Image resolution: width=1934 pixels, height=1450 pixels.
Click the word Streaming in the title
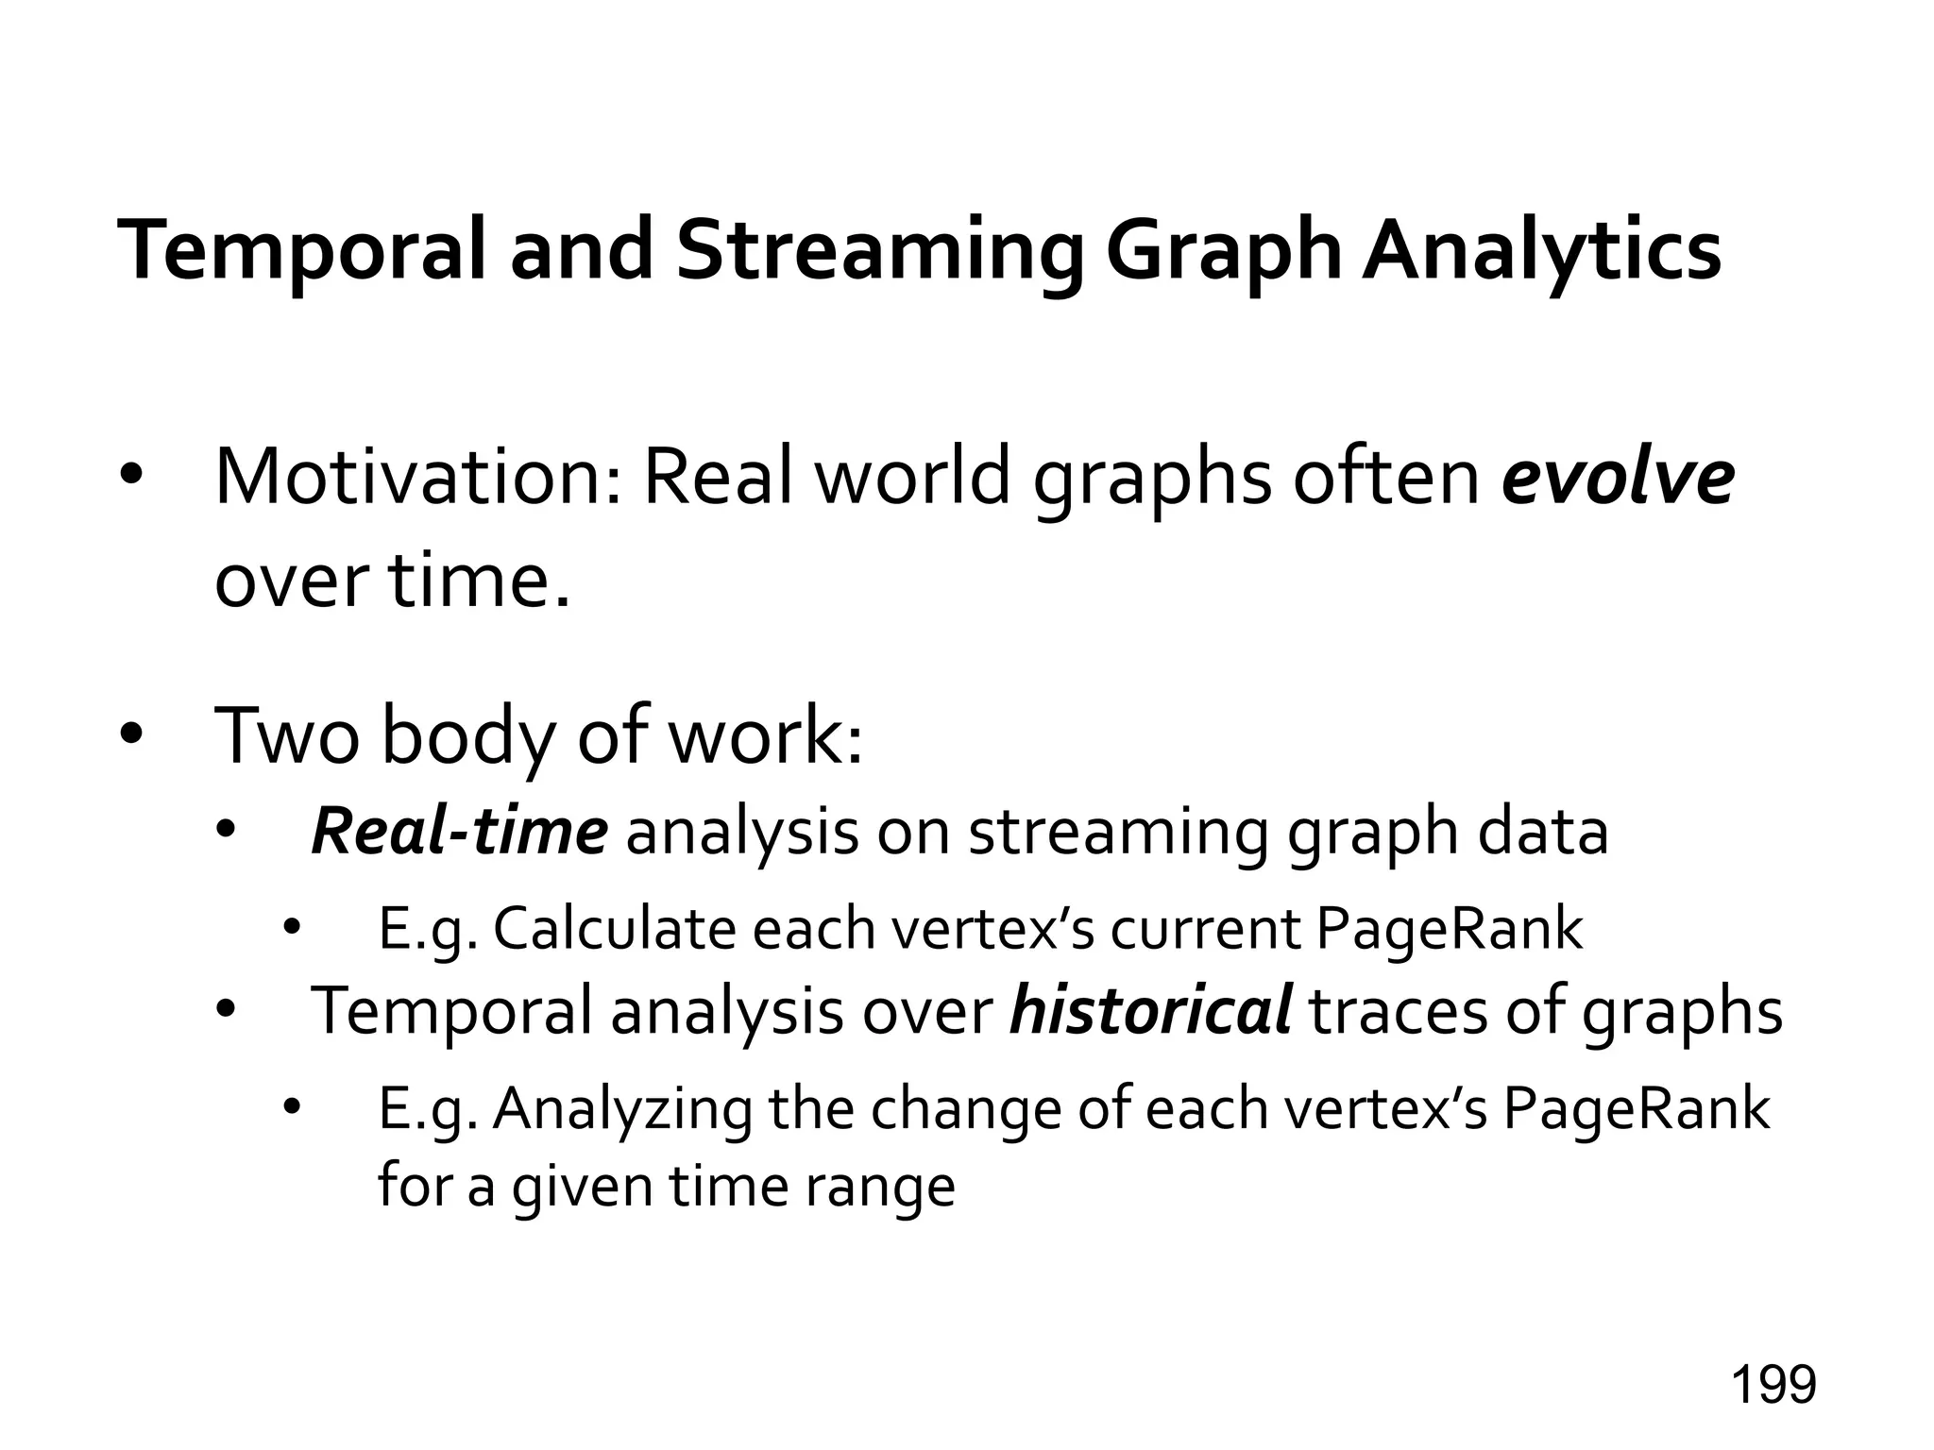tap(879, 252)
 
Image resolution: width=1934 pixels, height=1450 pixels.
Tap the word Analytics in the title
tap(1540, 252)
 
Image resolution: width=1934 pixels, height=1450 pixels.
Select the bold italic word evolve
tap(1618, 478)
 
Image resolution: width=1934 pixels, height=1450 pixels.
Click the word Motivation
tap(416, 478)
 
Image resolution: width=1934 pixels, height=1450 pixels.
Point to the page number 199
tap(1773, 1385)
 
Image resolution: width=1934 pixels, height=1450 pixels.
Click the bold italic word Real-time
tap(459, 832)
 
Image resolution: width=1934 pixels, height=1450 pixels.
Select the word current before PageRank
tap(1205, 929)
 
